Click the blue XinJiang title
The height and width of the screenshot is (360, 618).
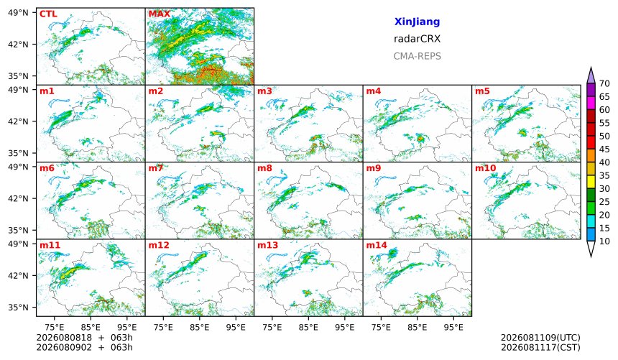(417, 22)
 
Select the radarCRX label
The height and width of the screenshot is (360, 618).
(417, 39)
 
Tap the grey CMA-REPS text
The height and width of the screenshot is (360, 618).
(417, 56)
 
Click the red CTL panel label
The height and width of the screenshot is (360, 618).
(48, 14)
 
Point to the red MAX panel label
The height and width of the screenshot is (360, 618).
(160, 14)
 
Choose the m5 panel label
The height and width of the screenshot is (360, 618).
(482, 91)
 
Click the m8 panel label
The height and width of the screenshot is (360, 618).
(264, 168)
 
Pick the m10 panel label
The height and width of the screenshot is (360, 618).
(485, 168)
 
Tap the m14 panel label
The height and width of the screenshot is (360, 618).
(377, 245)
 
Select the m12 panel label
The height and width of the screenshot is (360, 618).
(158, 245)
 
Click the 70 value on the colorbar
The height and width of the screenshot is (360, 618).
(604, 83)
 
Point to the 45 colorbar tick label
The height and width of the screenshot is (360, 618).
(604, 149)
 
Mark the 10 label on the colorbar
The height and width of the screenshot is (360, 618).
(604, 241)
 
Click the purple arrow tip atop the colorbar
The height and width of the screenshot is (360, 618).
(591, 68)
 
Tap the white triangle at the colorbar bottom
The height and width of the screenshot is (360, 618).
(591, 249)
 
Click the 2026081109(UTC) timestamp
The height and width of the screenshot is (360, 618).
(540, 338)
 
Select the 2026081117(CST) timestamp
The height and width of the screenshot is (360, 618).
(540, 347)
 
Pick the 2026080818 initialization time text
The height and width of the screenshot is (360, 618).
(64, 338)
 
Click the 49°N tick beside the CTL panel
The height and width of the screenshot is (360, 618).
(18, 13)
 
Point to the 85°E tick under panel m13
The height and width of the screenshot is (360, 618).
(308, 327)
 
